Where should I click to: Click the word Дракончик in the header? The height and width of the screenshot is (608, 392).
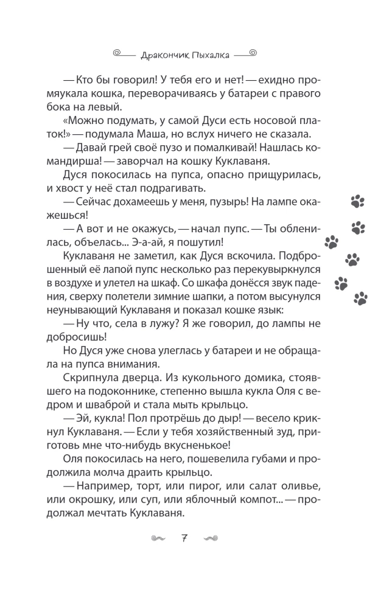[159, 55]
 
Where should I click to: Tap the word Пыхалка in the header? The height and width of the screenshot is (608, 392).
[206, 55]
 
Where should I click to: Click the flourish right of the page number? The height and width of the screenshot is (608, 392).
[211, 538]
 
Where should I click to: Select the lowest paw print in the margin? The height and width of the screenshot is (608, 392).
[360, 298]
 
